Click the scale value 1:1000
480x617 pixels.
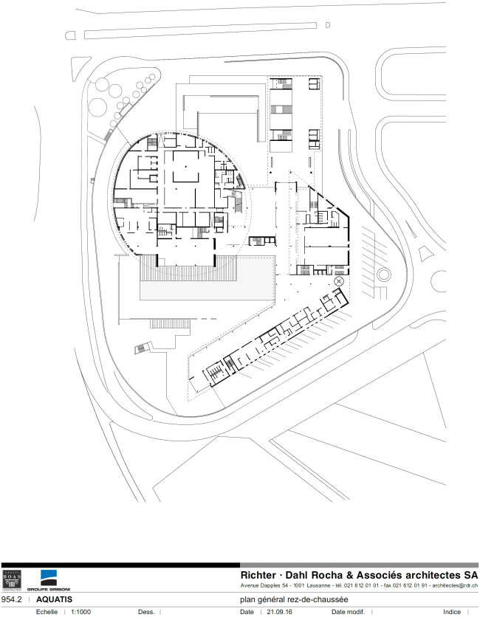tap(80, 612)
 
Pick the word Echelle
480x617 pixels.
tap(46, 612)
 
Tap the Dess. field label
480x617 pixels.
tap(145, 612)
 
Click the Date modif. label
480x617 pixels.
tap(349, 612)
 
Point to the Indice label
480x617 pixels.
tap(452, 612)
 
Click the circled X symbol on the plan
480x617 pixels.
tap(339, 282)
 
